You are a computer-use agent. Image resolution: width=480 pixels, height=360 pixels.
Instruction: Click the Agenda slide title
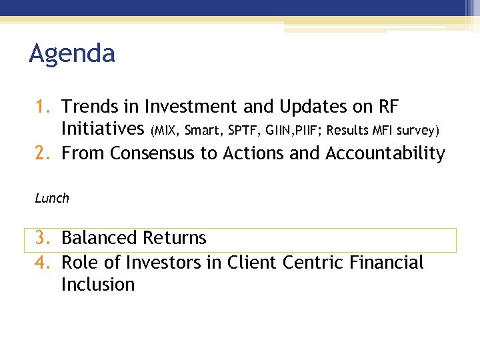click(x=72, y=54)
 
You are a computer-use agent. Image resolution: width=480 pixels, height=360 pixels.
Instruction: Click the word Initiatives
click(x=103, y=129)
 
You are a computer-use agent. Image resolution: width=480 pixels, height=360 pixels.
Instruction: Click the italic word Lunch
click(x=52, y=198)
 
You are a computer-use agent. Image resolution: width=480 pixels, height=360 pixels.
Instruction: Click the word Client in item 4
click(x=252, y=263)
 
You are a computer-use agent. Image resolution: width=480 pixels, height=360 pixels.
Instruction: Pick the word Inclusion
click(x=98, y=285)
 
